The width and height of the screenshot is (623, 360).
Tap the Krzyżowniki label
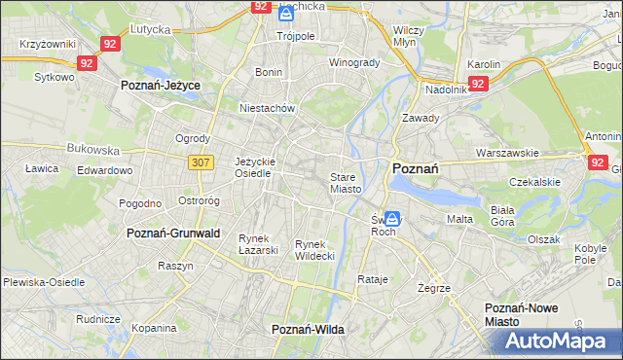[x=48, y=45]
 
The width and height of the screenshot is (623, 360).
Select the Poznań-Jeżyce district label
[x=160, y=86]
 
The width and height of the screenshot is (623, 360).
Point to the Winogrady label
[x=354, y=62]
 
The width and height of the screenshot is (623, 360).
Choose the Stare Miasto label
[x=346, y=183]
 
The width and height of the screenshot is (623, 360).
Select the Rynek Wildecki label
[x=315, y=249]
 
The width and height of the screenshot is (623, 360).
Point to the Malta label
[x=459, y=219]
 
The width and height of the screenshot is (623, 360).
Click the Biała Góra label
[x=530, y=215]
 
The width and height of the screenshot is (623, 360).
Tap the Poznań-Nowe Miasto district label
[x=533, y=314]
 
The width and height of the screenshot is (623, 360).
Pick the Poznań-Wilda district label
[x=308, y=330]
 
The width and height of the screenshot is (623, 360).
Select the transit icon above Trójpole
[x=286, y=14]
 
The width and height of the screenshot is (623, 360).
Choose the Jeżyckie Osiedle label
[x=256, y=166]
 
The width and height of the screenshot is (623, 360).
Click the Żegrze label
[x=433, y=288]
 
